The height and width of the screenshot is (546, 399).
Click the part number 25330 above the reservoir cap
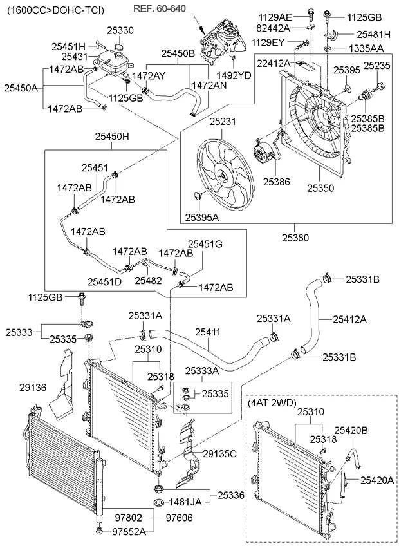[120, 30]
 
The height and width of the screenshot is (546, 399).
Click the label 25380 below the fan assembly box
[295, 237]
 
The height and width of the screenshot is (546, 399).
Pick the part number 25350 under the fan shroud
[320, 188]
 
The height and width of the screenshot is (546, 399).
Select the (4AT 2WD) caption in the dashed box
[272, 403]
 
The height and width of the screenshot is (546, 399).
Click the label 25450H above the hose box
[112, 136]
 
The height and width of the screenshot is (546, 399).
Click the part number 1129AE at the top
[293, 16]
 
